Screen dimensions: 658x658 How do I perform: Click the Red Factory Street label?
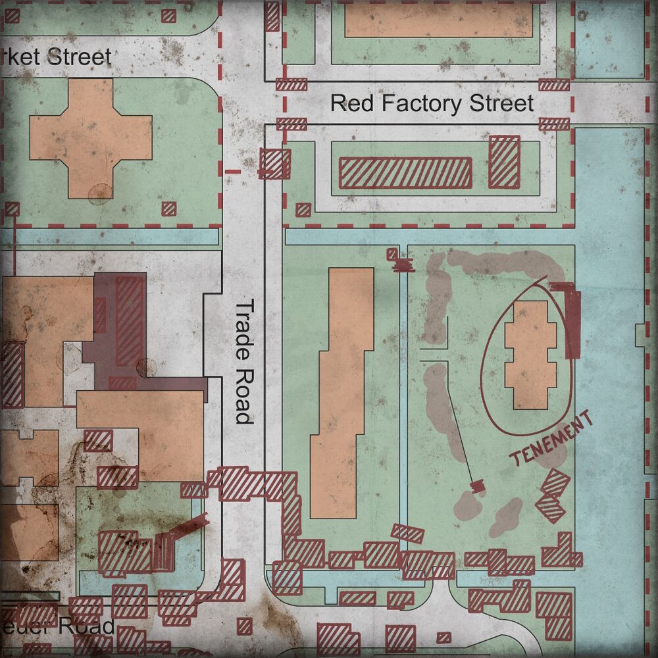click(432, 103)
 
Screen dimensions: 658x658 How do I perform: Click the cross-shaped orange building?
click(91, 138)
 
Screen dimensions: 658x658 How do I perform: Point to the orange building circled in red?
click(530, 355)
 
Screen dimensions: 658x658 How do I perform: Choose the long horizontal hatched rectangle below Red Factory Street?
click(405, 173)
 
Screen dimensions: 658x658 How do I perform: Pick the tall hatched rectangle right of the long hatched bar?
click(504, 161)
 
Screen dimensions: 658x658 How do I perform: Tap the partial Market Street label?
click(56, 57)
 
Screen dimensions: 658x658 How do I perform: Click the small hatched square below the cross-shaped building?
click(169, 209)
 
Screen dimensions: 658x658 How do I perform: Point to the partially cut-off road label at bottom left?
click(57, 626)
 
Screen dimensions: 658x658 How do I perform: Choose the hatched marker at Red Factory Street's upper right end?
click(554, 84)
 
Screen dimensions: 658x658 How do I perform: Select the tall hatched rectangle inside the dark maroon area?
click(130, 320)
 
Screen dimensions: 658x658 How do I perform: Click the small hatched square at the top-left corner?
click(169, 14)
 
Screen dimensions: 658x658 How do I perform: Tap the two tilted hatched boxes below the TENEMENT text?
click(553, 495)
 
